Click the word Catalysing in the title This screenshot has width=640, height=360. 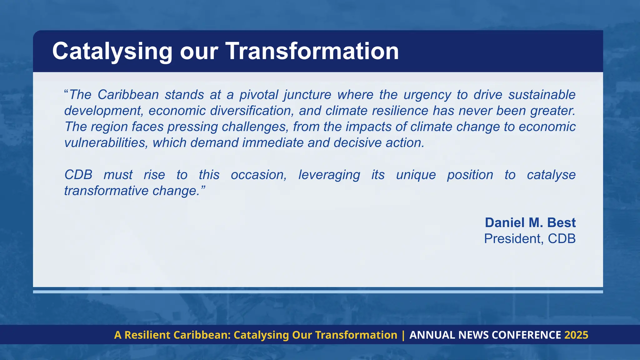click(112, 52)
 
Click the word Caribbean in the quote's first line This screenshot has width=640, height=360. click(128, 95)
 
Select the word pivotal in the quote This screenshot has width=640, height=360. click(258, 95)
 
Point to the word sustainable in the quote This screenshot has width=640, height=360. click(542, 95)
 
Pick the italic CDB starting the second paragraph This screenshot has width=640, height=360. click(78, 175)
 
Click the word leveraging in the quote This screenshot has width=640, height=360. click(329, 175)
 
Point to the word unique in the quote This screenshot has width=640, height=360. click(416, 175)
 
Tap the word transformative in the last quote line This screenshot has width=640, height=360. click(106, 191)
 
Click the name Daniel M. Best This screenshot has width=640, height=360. click(530, 222)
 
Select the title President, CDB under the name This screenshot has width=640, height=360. click(530, 239)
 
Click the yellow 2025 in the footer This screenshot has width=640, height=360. click(576, 335)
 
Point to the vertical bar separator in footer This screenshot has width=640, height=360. click(403, 335)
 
